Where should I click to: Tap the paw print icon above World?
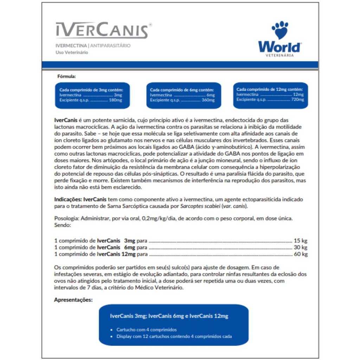click(x=280, y=30)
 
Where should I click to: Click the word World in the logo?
click(x=280, y=47)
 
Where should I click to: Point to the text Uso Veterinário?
click(x=72, y=52)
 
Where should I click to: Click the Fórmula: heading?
click(x=66, y=76)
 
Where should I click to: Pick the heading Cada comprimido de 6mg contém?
click(x=182, y=90)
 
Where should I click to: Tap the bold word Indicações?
click(x=68, y=199)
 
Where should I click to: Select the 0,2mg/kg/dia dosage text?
click(x=160, y=218)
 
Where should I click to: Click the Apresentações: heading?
click(x=73, y=300)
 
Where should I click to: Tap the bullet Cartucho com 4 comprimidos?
click(x=147, y=330)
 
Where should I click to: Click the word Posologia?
click(x=66, y=218)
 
